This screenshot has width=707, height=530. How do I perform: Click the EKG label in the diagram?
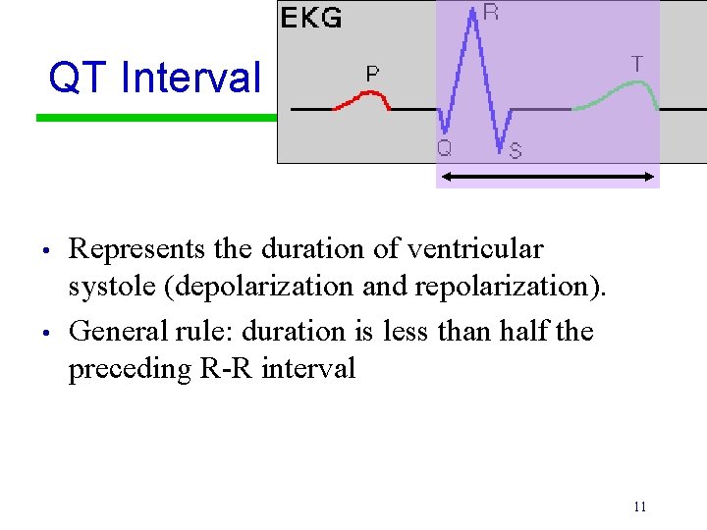click(311, 19)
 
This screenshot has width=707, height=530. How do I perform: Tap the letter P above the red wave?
click(373, 74)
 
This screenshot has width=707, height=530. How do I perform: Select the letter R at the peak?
click(490, 13)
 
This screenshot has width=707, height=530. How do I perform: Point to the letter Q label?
click(444, 147)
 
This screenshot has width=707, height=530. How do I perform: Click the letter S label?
click(516, 151)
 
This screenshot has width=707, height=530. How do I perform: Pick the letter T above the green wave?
click(637, 64)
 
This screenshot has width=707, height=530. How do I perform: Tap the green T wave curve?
click(619, 91)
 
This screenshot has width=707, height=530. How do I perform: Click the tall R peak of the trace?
click(474, 15)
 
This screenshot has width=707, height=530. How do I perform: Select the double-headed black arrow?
click(548, 176)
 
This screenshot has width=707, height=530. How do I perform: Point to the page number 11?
click(639, 506)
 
